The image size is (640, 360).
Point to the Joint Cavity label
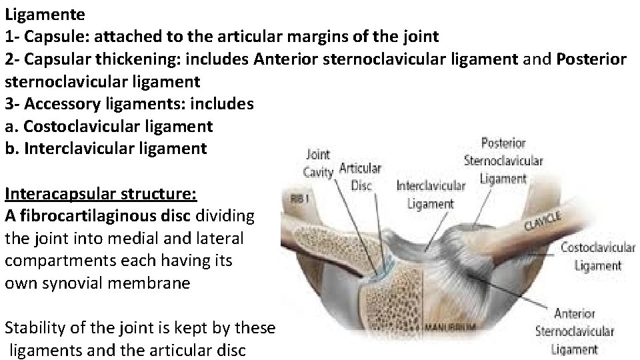[x=317, y=163]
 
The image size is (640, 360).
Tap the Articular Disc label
[x=360, y=176]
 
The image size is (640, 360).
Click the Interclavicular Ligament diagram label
[x=430, y=195]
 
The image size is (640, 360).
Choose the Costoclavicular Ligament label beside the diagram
[x=597, y=256]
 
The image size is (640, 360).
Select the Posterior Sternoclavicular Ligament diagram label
[x=503, y=161]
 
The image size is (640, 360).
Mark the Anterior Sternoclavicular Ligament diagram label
[x=574, y=331]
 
